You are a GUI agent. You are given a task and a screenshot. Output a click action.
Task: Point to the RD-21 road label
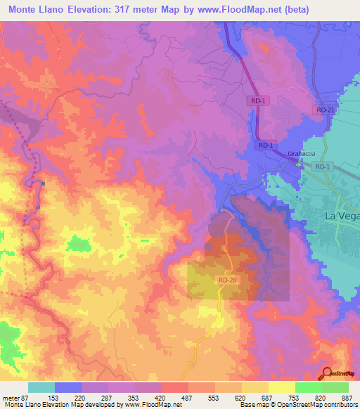tap(324, 110)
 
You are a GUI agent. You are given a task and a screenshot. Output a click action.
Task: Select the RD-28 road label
tap(227, 280)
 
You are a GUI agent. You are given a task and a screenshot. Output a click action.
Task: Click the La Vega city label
tap(341, 216)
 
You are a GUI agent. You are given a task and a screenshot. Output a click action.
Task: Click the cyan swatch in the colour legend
tap(41, 387)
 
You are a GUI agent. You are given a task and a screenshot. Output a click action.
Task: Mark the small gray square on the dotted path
tap(44, 183)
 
